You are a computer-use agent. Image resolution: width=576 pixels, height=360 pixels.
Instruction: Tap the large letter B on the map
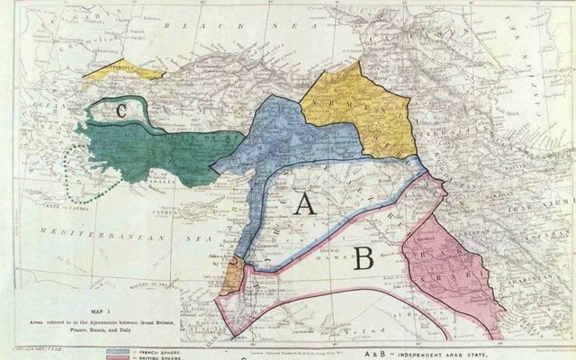364,258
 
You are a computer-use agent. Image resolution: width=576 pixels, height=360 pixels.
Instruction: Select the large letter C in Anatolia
120,112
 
